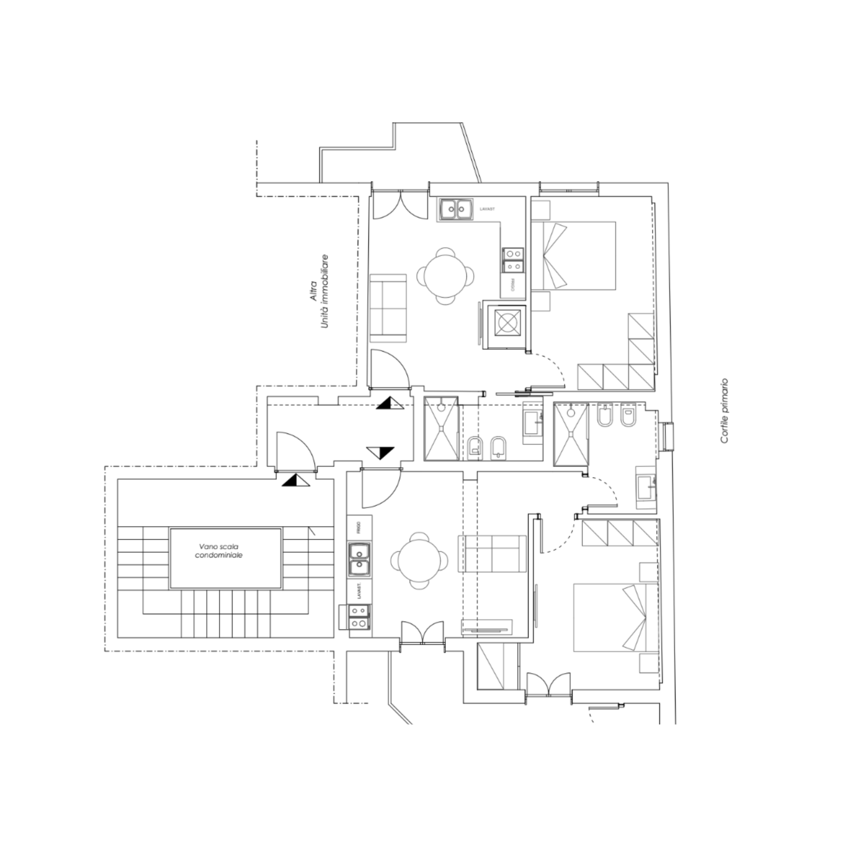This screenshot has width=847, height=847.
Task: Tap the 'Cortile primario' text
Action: pos(724,411)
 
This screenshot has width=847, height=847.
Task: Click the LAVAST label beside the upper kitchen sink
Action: pos(487,209)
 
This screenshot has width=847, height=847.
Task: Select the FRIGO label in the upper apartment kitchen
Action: pos(512,286)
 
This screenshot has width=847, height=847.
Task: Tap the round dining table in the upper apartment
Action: pos(445,276)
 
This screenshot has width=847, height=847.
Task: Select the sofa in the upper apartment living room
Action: pos(388,308)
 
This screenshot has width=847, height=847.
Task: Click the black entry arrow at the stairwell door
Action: pos(295,480)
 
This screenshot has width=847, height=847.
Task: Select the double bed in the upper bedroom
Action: pos(573,256)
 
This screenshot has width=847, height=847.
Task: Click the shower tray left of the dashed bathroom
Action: pos(441,428)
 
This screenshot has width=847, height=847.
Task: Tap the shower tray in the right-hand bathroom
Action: pos(571,434)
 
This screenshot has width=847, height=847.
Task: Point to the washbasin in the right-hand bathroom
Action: pos(646,488)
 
